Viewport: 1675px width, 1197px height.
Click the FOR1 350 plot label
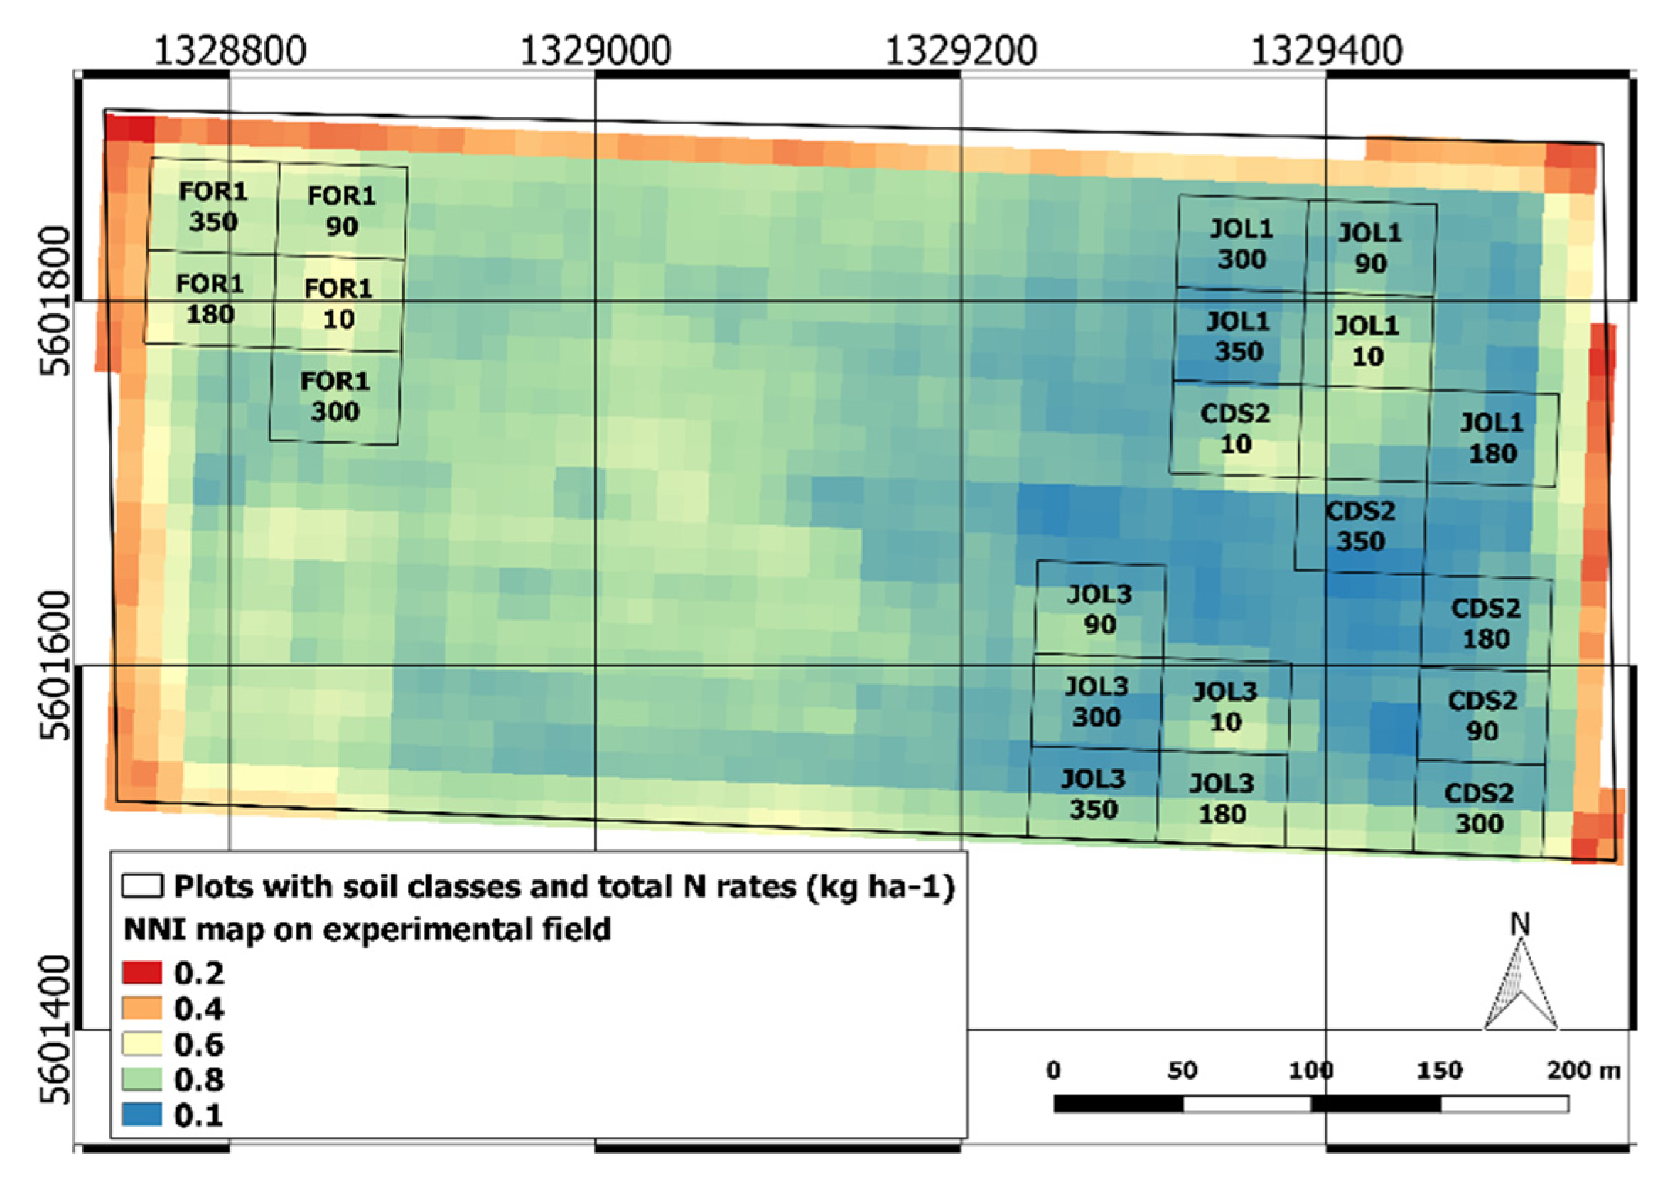coord(213,206)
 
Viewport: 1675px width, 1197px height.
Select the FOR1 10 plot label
coord(338,303)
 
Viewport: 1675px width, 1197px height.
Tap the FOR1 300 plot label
coord(335,396)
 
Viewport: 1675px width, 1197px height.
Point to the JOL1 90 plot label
coord(1369,247)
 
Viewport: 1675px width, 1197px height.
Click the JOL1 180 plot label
coord(1492,438)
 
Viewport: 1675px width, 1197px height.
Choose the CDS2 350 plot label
coord(1360,526)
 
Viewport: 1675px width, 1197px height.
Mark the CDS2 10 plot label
coord(1235,428)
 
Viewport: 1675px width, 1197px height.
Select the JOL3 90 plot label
coord(1099,609)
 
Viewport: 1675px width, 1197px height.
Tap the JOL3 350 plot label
coord(1094,794)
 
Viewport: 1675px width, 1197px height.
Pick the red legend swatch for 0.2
coord(141,973)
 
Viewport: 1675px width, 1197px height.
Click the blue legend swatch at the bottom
coord(141,1115)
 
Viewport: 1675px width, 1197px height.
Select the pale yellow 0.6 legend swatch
coord(141,1043)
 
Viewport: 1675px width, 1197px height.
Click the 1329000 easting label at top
coord(596,52)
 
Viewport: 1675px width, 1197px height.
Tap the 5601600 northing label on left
coord(55,665)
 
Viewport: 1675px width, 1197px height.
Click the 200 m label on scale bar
coord(1583,1070)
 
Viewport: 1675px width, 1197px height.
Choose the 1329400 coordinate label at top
coord(1327,52)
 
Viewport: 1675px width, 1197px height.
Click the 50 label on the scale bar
coord(1182,1070)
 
